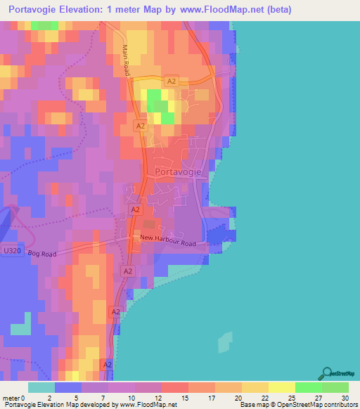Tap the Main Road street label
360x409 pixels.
127,61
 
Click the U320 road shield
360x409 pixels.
11,251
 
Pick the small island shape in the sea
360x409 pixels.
224,342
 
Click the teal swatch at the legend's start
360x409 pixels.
41,387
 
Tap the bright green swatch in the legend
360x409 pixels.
308,387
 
